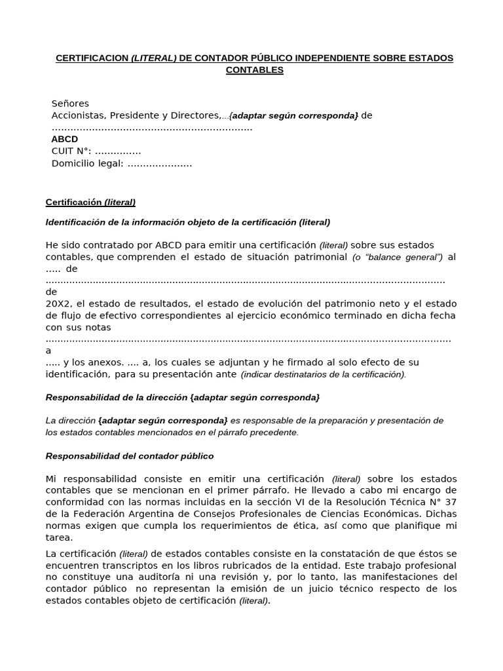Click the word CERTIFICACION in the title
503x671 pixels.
click(x=92, y=58)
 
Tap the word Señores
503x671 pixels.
click(x=70, y=104)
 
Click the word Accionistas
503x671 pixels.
click(x=78, y=115)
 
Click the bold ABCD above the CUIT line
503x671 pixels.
click(x=64, y=140)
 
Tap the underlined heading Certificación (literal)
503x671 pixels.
click(x=90, y=202)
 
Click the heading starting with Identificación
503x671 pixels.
click(x=187, y=222)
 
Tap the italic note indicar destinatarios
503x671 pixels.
click(x=324, y=375)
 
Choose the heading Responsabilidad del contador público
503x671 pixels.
click(x=129, y=455)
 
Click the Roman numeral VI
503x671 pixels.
click(x=277, y=502)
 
